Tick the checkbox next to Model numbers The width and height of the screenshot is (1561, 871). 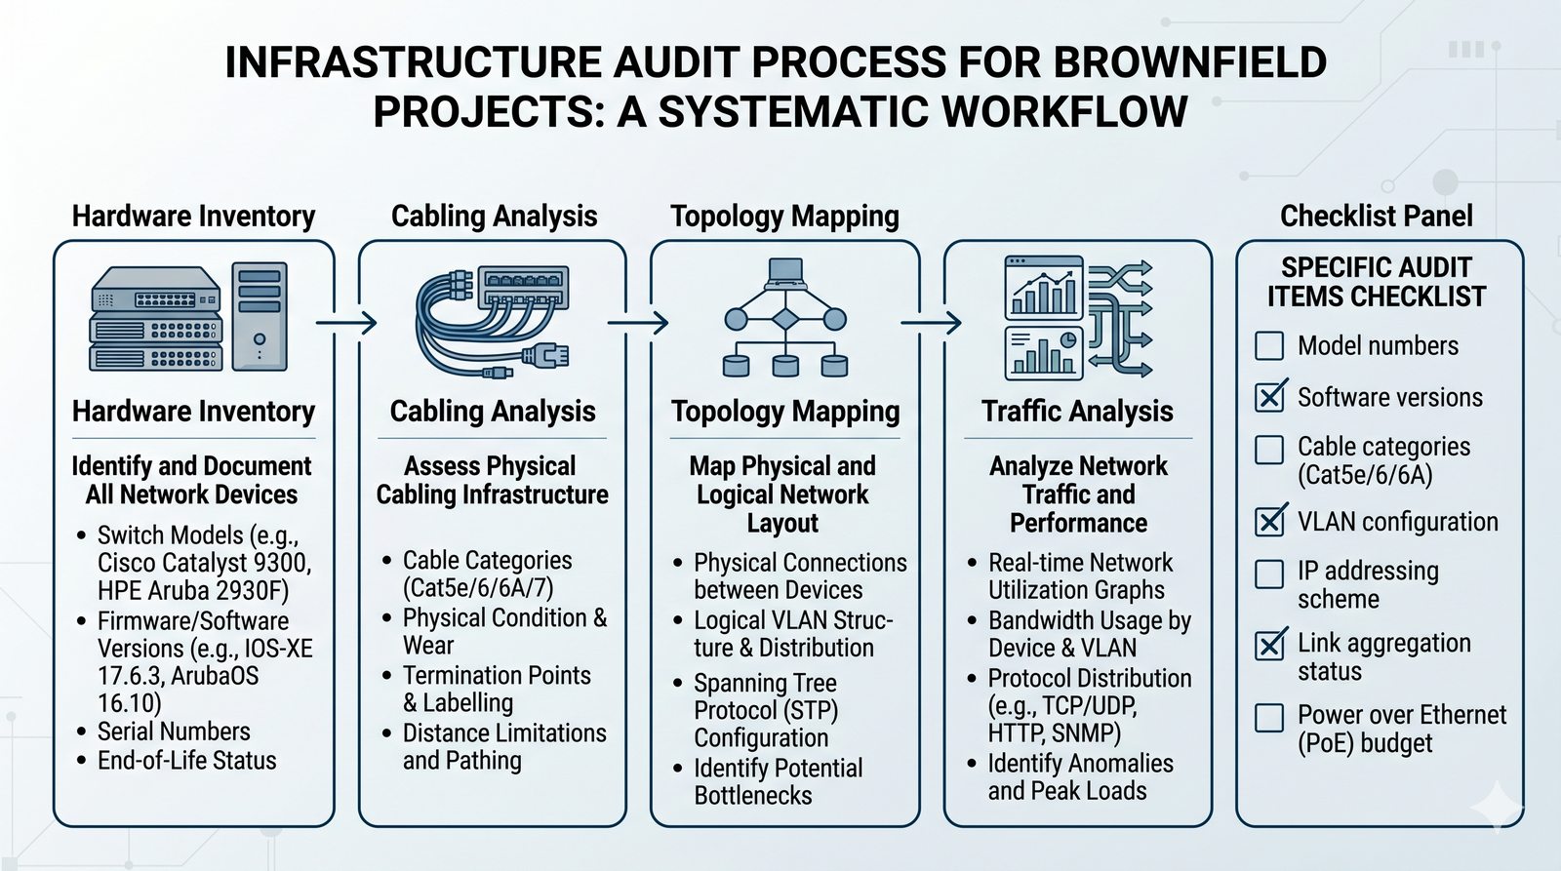pyautogui.click(x=1268, y=346)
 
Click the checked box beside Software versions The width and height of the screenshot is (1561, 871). pyautogui.click(x=1269, y=397)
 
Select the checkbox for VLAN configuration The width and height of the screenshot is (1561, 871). pyautogui.click(x=1269, y=522)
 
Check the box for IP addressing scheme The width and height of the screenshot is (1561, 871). pyautogui.click(x=1268, y=574)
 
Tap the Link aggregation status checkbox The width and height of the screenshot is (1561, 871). pyautogui.click(x=1269, y=645)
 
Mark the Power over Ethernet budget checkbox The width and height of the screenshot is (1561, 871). pyautogui.click(x=1268, y=718)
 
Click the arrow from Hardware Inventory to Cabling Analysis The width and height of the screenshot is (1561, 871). pyautogui.click(x=347, y=322)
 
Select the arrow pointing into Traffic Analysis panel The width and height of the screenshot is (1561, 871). pyautogui.click(x=931, y=322)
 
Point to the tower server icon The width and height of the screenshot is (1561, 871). pyautogui.click(x=259, y=317)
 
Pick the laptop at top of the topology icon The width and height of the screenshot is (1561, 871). pyautogui.click(x=785, y=273)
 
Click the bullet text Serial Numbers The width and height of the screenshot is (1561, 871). pyautogui.click(x=174, y=732)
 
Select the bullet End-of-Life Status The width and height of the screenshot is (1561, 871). pyautogui.click(x=186, y=761)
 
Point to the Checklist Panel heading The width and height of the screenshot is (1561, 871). pyautogui.click(x=1376, y=216)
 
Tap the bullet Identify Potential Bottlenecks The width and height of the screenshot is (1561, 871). pyautogui.click(x=778, y=781)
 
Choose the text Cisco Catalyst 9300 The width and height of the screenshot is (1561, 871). pyautogui.click(x=204, y=563)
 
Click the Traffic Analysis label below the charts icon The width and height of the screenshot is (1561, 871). pyautogui.click(x=1077, y=412)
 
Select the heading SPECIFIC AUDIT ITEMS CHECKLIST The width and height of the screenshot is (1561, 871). pyautogui.click(x=1376, y=282)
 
